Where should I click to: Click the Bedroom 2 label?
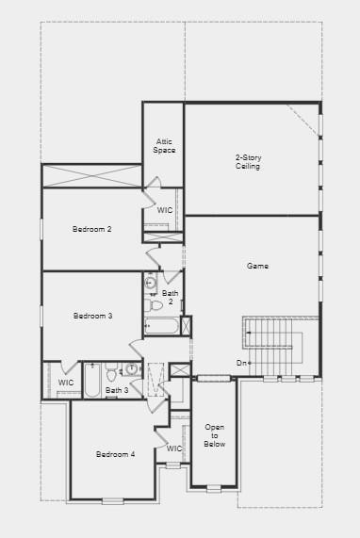(92, 229)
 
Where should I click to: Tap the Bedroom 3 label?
(92, 316)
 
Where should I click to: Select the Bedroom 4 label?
(115, 454)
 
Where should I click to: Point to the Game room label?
(257, 267)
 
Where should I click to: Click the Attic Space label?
(164, 146)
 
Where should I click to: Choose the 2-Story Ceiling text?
(248, 162)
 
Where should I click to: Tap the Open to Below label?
(215, 435)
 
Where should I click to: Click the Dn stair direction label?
(243, 363)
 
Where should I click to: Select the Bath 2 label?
(171, 298)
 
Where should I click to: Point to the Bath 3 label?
(116, 390)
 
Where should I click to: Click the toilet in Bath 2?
(155, 304)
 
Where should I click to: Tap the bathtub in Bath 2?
(162, 327)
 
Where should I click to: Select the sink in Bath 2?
(151, 282)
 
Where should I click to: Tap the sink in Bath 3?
(133, 369)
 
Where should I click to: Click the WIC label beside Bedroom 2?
(165, 210)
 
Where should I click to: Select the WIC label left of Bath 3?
(65, 383)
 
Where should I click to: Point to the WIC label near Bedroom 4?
(174, 448)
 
